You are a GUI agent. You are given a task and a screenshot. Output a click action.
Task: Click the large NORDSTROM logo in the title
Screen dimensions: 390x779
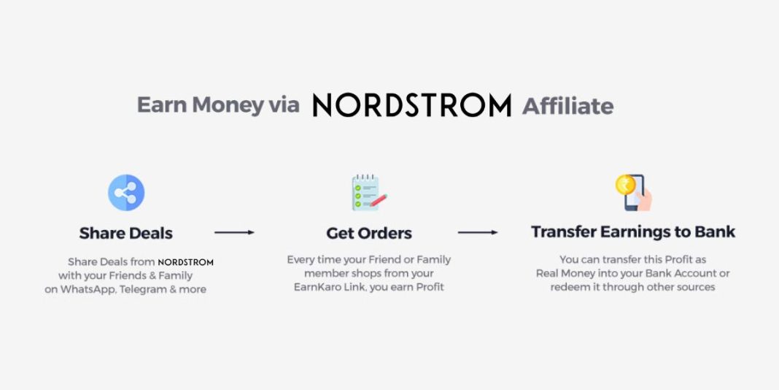(412, 105)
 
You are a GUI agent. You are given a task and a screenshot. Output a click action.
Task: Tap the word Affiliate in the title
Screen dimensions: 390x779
(568, 106)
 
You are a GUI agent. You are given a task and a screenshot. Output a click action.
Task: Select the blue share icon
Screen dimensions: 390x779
(126, 193)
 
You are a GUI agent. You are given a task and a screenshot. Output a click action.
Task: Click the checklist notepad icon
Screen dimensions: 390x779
(367, 193)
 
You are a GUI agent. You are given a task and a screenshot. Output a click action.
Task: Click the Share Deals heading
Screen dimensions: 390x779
(126, 234)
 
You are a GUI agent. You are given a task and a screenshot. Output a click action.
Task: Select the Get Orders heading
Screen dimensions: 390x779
(369, 234)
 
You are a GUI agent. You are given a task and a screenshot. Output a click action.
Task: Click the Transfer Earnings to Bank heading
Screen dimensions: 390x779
(633, 232)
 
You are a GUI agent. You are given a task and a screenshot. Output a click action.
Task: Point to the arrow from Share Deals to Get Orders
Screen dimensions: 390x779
(234, 232)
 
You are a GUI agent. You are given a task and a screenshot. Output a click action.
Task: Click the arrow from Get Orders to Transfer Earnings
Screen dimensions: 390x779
(478, 232)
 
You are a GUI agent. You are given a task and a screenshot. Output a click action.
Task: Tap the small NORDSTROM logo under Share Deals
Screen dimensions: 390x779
(186, 261)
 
